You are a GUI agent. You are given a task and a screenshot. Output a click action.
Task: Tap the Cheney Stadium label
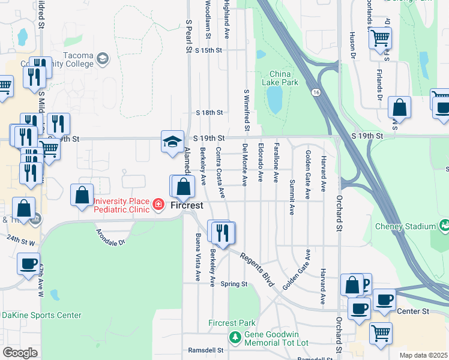pos(405,226)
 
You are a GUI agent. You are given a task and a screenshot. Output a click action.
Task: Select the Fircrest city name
pos(187,205)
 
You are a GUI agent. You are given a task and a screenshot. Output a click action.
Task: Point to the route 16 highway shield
pos(316,93)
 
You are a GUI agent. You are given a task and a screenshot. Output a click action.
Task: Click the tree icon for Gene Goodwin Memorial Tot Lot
pos(234,338)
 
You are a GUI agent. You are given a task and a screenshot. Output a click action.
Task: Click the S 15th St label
pos(208,51)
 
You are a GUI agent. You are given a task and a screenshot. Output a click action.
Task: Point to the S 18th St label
pos(209,112)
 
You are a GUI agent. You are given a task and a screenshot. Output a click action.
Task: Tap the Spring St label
pos(234,284)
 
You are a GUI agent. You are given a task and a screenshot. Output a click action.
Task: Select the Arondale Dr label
pos(110,236)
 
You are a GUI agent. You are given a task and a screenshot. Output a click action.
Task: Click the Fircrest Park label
pos(232,323)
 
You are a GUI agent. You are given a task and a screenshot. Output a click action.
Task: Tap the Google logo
pos(20,353)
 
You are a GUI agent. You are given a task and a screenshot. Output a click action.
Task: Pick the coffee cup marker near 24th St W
pos(28,264)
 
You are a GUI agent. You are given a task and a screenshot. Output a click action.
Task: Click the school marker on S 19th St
pos(172,142)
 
